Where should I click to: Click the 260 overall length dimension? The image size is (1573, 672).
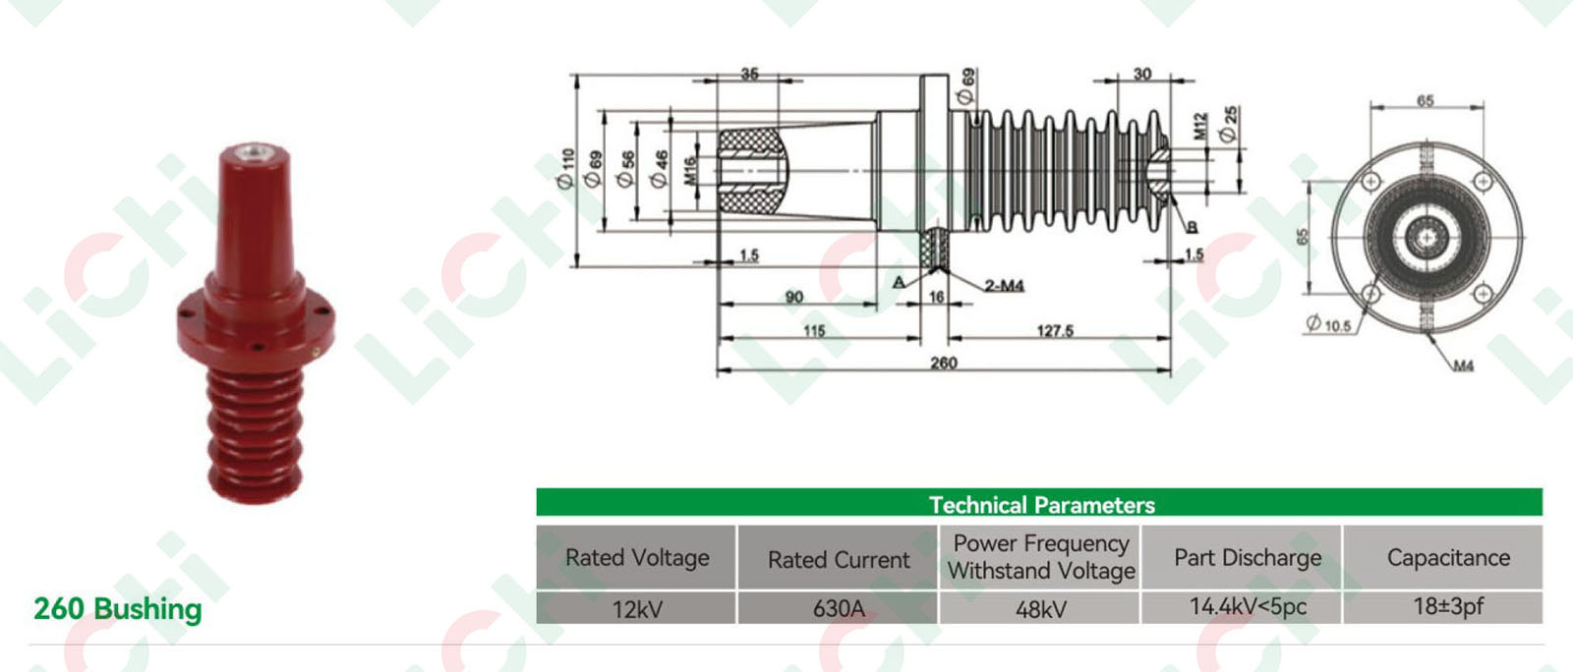(944, 363)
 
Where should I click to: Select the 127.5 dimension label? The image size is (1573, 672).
(1055, 331)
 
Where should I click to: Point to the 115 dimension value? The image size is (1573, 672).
(814, 331)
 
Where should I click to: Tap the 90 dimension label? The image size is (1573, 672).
(794, 297)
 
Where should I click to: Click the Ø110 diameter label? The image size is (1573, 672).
(565, 168)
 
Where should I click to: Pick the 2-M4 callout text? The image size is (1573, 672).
(1005, 286)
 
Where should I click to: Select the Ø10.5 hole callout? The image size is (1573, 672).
(1329, 323)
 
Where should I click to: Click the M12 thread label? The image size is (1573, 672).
(1200, 127)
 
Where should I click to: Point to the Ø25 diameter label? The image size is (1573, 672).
(1229, 125)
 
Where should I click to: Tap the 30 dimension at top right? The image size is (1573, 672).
(1142, 74)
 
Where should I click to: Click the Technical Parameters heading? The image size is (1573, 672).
(1041, 505)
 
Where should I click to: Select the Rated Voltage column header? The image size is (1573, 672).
(637, 558)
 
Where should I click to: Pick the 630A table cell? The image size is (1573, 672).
(839, 609)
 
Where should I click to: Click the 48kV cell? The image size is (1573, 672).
(1040, 609)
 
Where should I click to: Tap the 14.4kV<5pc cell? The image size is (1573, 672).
(1248, 607)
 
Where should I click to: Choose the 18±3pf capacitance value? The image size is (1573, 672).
(1448, 607)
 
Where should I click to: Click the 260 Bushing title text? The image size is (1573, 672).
(118, 609)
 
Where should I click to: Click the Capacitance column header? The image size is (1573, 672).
(1448, 558)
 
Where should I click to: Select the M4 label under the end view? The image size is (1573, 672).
(1463, 366)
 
